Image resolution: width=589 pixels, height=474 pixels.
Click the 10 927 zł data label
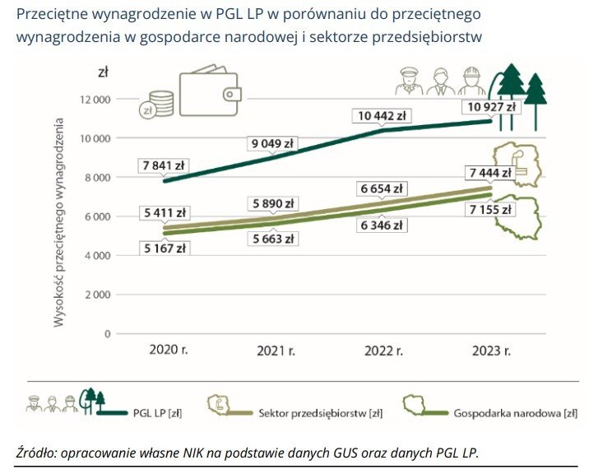click(x=491, y=107)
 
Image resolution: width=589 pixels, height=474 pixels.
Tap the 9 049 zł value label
click(x=272, y=144)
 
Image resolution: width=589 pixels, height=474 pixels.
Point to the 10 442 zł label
click(x=381, y=117)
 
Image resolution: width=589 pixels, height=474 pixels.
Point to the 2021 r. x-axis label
click(x=276, y=351)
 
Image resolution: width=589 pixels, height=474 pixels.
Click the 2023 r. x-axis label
click(x=491, y=351)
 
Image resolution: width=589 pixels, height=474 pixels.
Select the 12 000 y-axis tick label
click(x=95, y=100)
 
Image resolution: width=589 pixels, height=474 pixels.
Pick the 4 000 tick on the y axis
click(x=97, y=256)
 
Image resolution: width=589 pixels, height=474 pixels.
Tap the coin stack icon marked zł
click(x=158, y=104)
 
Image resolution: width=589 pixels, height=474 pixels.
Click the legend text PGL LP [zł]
click(x=157, y=412)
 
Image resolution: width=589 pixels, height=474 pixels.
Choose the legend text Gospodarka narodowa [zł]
click(x=515, y=412)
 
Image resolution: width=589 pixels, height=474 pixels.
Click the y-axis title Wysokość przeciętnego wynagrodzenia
click(x=59, y=222)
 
